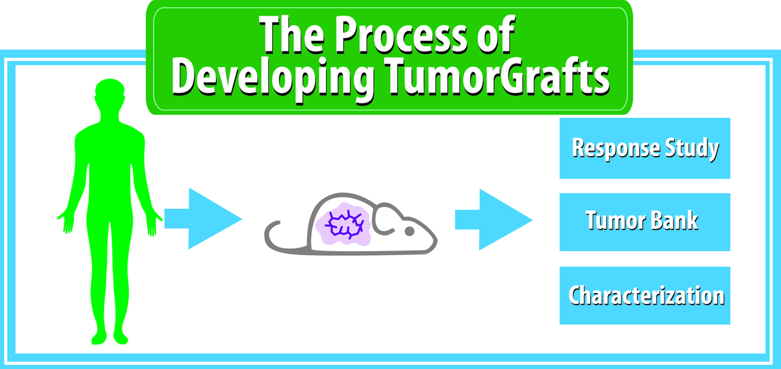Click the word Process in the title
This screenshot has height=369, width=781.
(x=402, y=35)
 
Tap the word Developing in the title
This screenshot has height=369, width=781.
(x=273, y=79)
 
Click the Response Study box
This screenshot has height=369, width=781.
(x=645, y=148)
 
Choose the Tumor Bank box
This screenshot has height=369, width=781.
(x=645, y=222)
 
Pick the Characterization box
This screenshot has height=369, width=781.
(x=645, y=295)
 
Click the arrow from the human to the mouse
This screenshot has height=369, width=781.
(x=203, y=219)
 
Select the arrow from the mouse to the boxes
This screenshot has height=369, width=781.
(x=494, y=220)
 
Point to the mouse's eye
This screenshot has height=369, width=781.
(x=409, y=231)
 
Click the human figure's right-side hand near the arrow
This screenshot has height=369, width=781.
(x=153, y=223)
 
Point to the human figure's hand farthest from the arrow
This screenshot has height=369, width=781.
(x=66, y=221)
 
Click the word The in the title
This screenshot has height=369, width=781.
(x=292, y=35)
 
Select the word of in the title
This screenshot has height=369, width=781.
(x=496, y=35)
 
